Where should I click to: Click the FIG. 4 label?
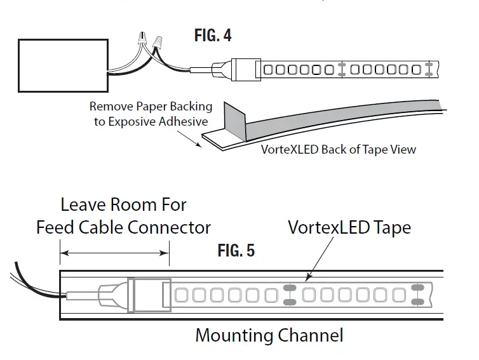(x=213, y=35)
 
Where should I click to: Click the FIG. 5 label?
(x=236, y=251)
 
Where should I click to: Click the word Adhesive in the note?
(x=184, y=121)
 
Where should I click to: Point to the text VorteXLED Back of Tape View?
(x=339, y=150)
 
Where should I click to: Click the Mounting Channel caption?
(x=269, y=335)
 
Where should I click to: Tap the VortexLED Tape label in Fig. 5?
(x=349, y=227)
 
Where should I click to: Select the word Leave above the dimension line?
(x=81, y=205)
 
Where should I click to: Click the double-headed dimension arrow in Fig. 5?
(x=114, y=253)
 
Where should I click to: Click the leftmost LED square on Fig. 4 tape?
(x=268, y=69)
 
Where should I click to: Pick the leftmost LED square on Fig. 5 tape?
(x=180, y=295)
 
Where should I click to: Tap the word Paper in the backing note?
(x=153, y=107)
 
